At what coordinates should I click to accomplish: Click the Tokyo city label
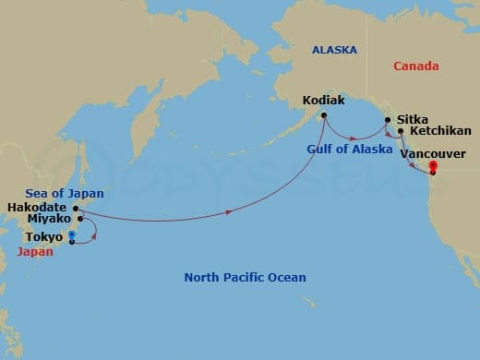[x=44, y=236]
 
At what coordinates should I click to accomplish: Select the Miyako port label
[x=50, y=221]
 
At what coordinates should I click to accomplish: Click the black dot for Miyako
[x=81, y=219]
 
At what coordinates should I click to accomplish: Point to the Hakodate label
[x=36, y=208]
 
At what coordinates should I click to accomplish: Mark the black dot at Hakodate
[x=76, y=208]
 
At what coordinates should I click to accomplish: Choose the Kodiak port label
[x=324, y=100]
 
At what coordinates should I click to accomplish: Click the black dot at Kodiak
[x=323, y=114]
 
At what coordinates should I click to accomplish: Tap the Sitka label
[x=411, y=120]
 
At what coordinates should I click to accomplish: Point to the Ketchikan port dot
[x=400, y=131]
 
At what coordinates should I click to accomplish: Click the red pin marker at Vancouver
[x=432, y=168]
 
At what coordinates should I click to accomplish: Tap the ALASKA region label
[x=333, y=51]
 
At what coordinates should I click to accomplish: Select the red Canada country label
[x=415, y=66]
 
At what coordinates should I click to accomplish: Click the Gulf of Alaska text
[x=343, y=149]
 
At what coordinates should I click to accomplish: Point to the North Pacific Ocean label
[x=245, y=278]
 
